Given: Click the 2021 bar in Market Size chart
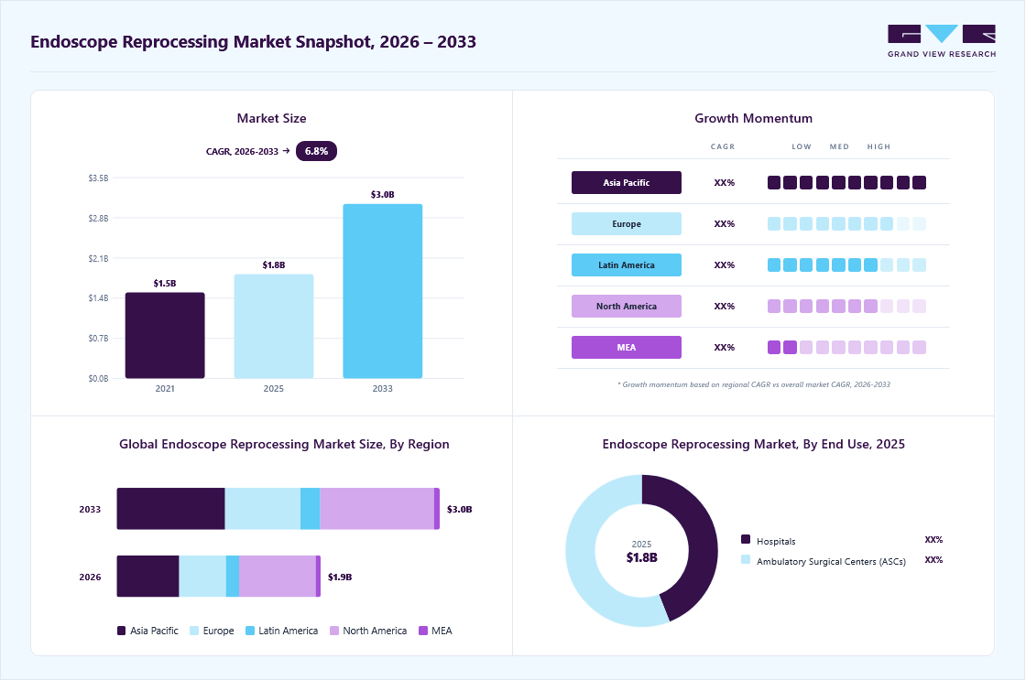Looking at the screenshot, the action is pos(165,335).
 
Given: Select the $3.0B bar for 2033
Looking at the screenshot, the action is pos(383,291).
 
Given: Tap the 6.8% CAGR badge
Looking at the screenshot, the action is pos(316,151).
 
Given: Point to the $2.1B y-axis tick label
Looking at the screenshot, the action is pos(98,258).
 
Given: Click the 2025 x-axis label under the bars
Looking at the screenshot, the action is pos(274,388).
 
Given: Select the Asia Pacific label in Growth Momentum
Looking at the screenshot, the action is pos(627,182).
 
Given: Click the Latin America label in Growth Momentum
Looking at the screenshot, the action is pos(627,264).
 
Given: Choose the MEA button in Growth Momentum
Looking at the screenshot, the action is pos(627,347).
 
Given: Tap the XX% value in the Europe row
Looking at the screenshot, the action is pos(725,223).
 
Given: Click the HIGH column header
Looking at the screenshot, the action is pos(879,146).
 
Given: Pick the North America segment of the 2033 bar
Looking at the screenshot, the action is pos(377,509).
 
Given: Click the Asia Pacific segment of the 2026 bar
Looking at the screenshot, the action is pos(147,576).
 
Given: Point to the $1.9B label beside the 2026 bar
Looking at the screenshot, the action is pos(340,577).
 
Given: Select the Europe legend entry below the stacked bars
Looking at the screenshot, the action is pos(212,631).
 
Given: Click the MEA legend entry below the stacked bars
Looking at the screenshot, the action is pos(435,631).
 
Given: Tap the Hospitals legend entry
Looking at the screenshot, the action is pos(769,541).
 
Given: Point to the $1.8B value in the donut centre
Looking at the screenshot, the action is pos(642,557).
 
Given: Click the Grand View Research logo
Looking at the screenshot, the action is pos(942,41).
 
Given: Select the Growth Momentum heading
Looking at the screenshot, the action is pos(753,118).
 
